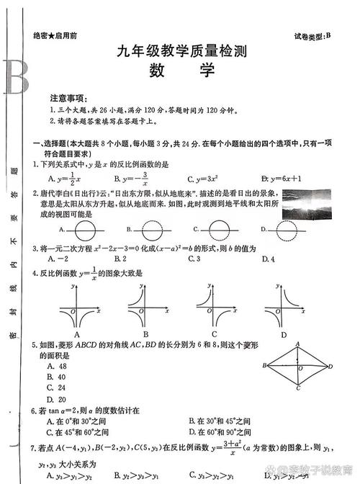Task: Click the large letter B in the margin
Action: pos(15,76)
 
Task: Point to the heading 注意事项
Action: pos(68,97)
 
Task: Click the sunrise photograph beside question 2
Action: pos(307,202)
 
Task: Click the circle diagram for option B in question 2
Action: pos(153,230)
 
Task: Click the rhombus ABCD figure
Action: pos(298,367)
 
